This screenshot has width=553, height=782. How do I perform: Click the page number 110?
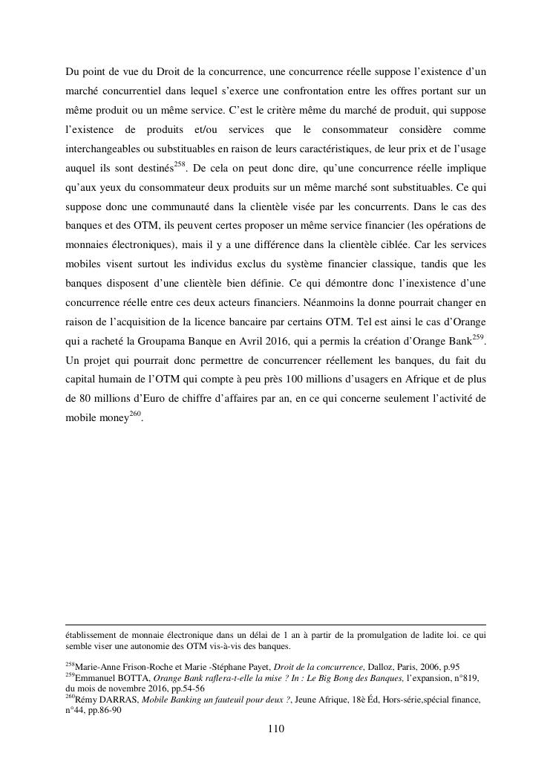(276, 729)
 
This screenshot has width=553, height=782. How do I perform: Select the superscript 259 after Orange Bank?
(478, 338)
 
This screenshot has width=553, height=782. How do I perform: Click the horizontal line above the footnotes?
(276, 625)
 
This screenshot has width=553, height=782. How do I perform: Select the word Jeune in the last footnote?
(309, 700)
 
